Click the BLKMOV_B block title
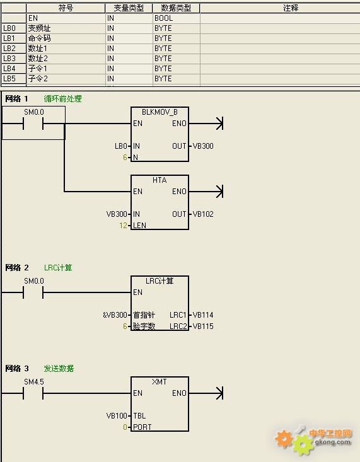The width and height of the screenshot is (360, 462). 160,112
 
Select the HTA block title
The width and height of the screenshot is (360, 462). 160,180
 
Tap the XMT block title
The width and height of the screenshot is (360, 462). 160,382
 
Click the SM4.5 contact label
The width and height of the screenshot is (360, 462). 34,382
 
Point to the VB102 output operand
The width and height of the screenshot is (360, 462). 203,214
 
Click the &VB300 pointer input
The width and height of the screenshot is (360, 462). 115,315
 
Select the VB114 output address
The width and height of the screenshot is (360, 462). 203,315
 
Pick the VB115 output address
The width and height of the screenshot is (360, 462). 203,326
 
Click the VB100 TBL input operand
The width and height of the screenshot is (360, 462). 117,416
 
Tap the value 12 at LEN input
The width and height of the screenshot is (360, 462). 123,226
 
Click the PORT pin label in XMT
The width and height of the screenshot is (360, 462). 142,427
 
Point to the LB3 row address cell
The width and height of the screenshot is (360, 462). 9,59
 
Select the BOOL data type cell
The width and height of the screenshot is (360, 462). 164,18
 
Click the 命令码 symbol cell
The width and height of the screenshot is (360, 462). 39,38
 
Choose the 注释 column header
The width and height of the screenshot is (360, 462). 291,8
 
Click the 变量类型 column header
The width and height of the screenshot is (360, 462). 129,8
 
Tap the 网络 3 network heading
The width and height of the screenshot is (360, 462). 17,368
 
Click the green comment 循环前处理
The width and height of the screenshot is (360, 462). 63,99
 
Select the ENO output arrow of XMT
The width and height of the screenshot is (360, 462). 206,393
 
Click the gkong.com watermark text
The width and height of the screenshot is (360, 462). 333,442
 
